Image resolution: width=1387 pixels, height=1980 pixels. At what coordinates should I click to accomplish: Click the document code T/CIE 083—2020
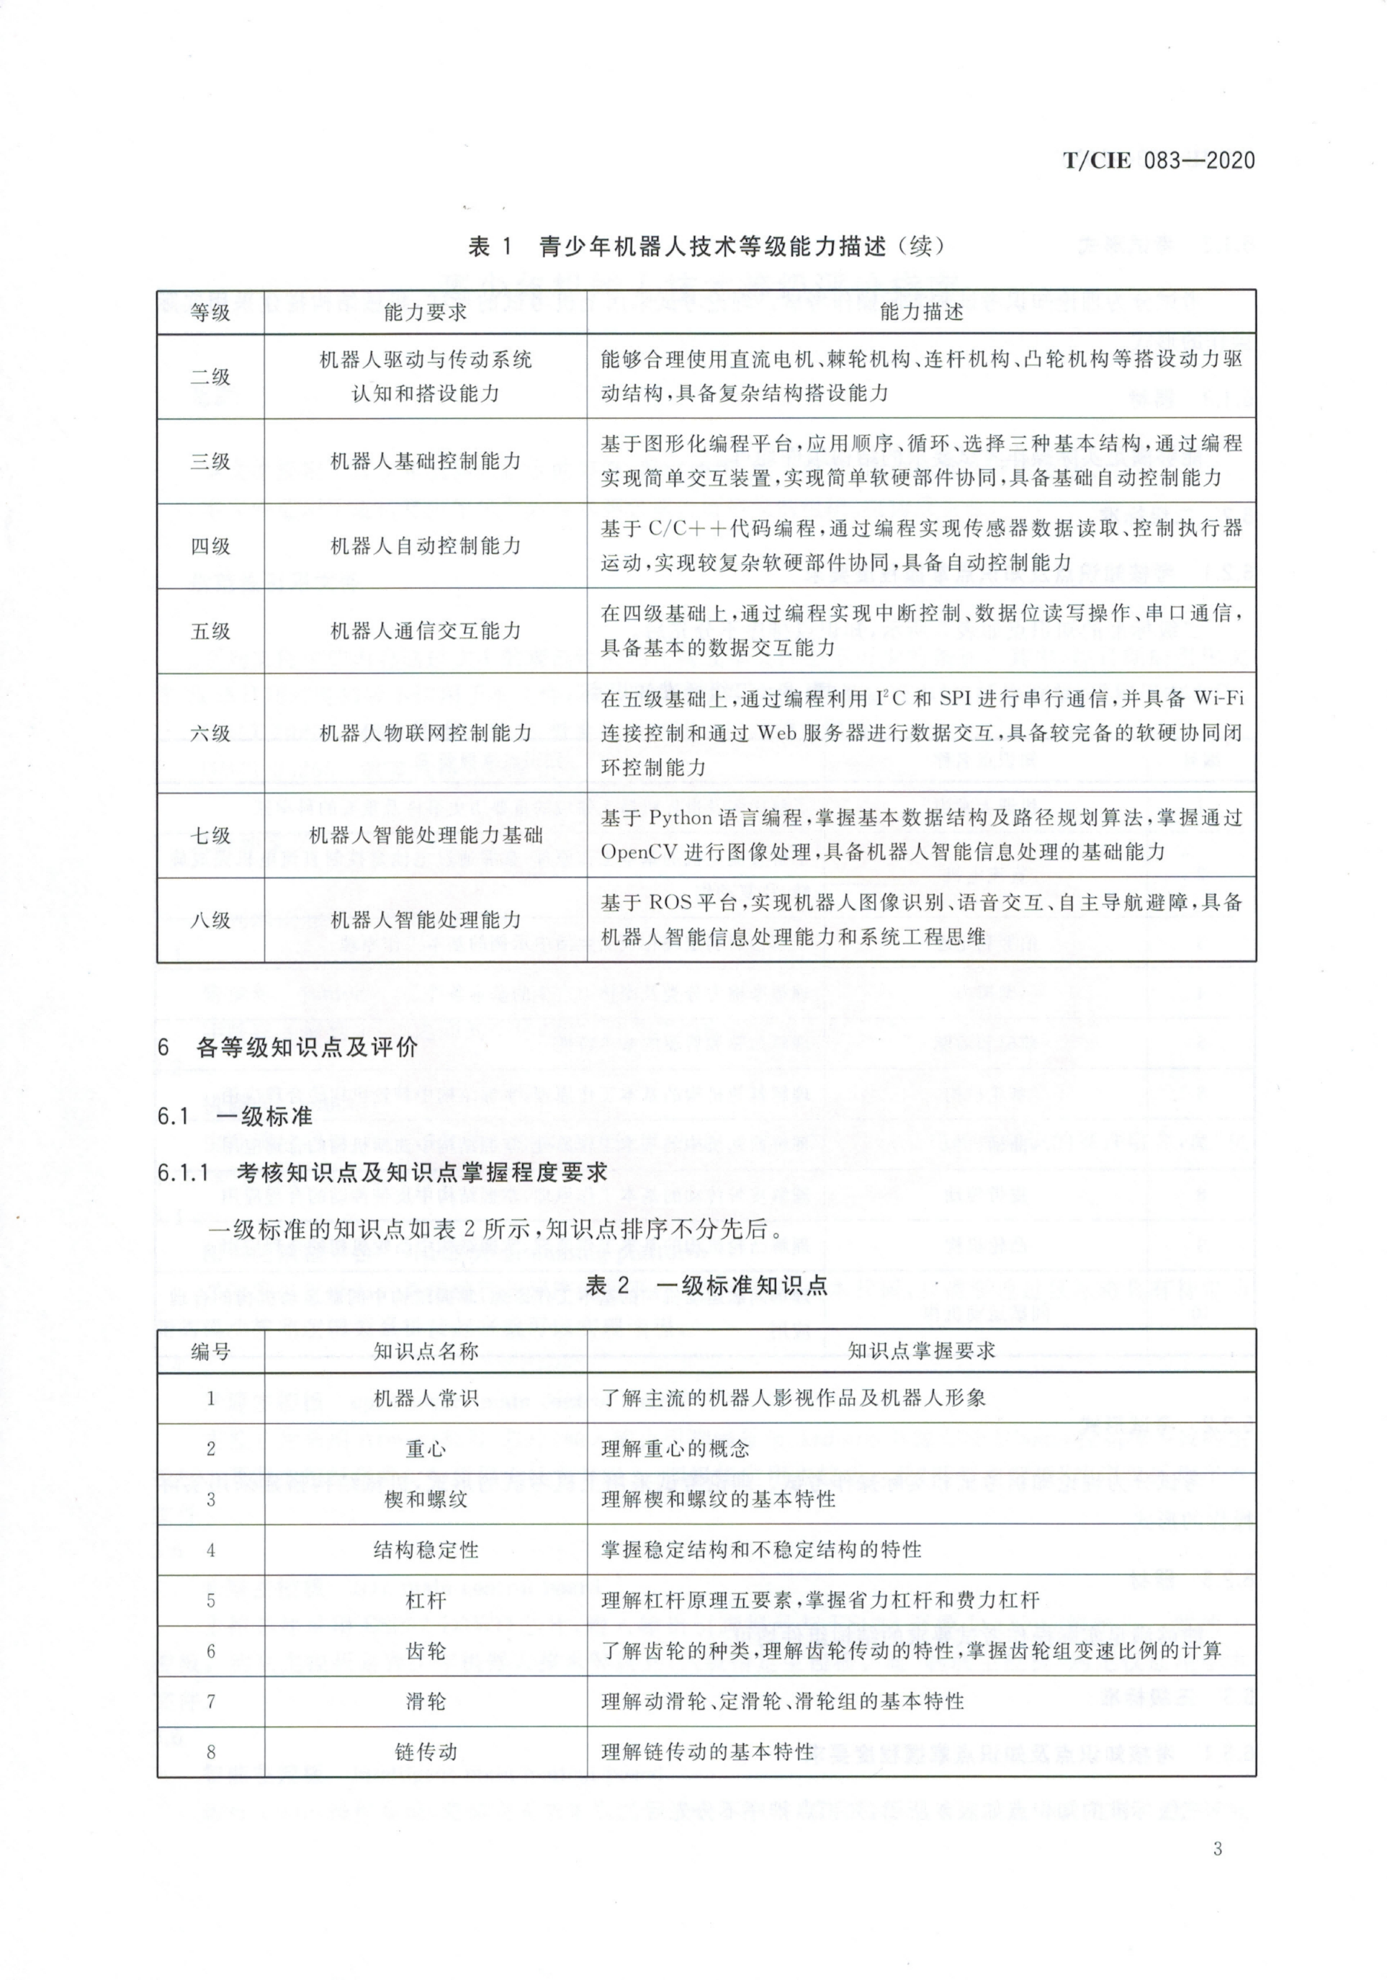(x=1159, y=161)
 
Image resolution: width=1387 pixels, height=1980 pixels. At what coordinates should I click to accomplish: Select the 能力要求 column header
(x=425, y=312)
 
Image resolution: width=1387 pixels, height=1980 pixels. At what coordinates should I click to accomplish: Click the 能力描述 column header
(x=922, y=312)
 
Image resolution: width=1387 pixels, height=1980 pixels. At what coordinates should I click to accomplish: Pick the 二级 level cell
(x=210, y=377)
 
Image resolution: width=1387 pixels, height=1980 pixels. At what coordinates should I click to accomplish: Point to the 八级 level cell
(x=210, y=920)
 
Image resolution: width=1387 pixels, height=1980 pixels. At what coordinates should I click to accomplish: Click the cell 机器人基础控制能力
(x=425, y=461)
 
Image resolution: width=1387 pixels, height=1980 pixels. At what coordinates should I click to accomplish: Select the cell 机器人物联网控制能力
(x=425, y=733)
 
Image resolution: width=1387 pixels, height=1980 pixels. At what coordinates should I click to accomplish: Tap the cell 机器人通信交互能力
(x=425, y=631)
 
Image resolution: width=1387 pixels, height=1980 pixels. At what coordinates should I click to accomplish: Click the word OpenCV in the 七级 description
(x=639, y=852)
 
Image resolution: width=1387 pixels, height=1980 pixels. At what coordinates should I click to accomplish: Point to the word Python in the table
(x=681, y=818)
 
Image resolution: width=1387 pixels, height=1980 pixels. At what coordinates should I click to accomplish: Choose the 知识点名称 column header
(x=425, y=1351)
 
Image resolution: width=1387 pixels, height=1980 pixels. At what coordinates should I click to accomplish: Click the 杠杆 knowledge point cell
(x=425, y=1600)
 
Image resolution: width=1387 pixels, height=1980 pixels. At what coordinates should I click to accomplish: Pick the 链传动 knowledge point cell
(x=425, y=1752)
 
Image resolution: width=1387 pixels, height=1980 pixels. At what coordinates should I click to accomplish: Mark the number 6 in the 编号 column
(x=210, y=1651)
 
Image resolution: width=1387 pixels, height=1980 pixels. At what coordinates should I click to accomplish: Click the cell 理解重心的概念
(x=675, y=1449)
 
